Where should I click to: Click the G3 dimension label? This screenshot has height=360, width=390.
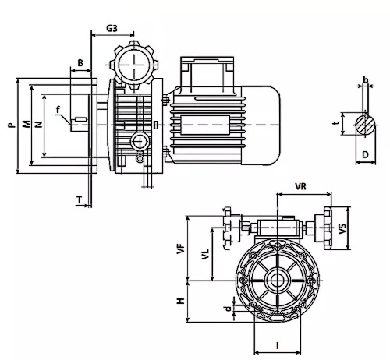[112, 28]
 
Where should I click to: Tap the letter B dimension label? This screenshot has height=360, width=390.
[80, 63]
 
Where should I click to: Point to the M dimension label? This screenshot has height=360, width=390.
[26, 125]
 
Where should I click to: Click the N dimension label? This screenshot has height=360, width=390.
[38, 125]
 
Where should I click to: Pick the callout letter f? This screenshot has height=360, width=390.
[58, 110]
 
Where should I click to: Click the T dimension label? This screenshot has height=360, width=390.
[80, 200]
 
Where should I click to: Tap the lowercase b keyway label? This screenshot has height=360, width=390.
[366, 79]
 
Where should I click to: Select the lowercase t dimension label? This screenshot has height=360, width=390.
[336, 123]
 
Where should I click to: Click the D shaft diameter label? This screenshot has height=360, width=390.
[365, 154]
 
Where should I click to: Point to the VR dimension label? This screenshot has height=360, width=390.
[300, 186]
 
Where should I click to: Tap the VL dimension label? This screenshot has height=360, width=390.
[205, 255]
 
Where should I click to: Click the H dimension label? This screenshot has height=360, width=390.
[180, 301]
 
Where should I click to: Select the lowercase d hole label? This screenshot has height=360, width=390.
[228, 309]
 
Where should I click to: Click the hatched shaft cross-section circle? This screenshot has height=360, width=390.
[365, 125]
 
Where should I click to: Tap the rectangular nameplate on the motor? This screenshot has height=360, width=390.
[205, 125]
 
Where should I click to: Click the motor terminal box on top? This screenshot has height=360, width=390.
[207, 74]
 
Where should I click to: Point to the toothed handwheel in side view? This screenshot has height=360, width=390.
[134, 64]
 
